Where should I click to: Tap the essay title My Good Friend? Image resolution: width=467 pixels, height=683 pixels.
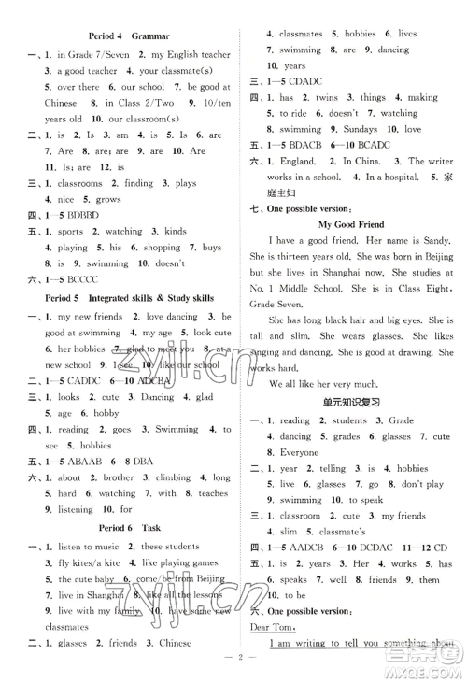click(350, 225)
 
